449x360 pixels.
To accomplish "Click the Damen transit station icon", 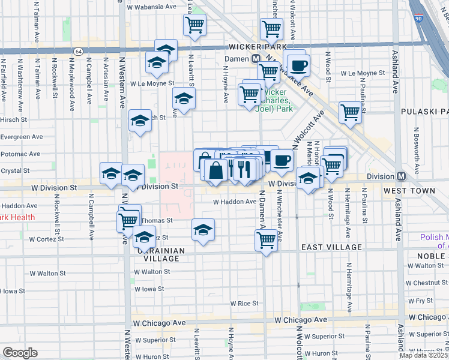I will click(256, 59).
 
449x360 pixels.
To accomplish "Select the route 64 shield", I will click(79, 51).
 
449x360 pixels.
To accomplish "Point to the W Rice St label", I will click(244, 304).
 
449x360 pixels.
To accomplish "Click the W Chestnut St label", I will click(427, 283).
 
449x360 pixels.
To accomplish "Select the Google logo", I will click(20, 353).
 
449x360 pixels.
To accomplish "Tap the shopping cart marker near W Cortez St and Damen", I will click(266, 240).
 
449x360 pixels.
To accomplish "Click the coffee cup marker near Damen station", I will click(298, 65).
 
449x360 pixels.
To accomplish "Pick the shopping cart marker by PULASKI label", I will click(350, 112).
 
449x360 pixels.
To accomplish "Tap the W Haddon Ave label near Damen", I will click(235, 202).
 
